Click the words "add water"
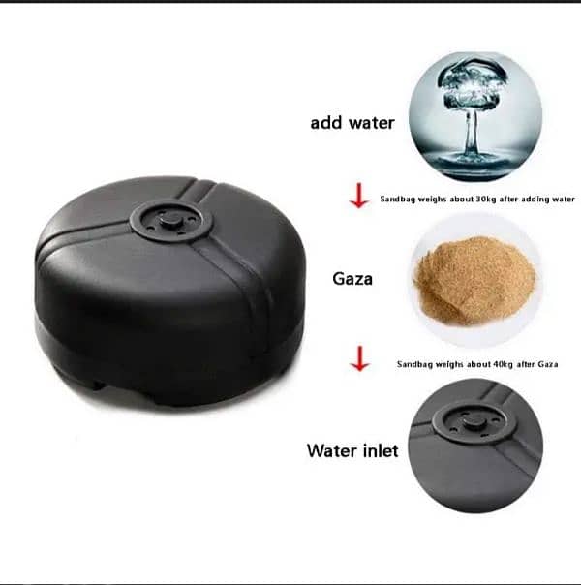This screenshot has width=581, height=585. [352, 123]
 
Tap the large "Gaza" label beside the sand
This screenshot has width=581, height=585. [352, 279]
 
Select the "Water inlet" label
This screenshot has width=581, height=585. [352, 450]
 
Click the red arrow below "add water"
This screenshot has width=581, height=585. [359, 195]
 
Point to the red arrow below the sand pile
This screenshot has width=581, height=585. [360, 358]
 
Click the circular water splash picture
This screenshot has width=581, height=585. [475, 117]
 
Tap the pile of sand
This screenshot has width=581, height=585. [474, 281]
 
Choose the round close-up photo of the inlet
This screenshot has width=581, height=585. [475, 446]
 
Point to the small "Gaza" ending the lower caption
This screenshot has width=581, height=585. [548, 364]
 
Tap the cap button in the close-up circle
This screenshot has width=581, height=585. [474, 421]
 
